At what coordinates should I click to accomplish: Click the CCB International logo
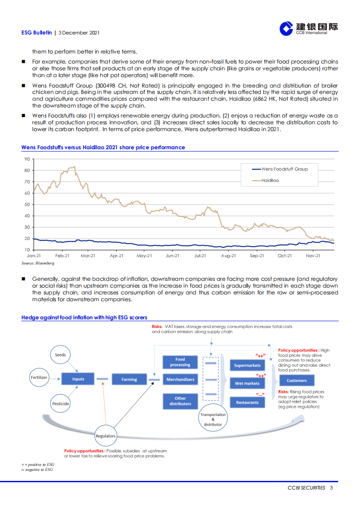[308, 29]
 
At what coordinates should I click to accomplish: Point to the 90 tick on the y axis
[27, 159]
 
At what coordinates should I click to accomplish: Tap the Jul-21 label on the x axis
[200, 256]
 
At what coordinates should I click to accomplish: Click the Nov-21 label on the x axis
[312, 256]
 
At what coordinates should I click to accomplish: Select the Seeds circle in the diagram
[60, 355]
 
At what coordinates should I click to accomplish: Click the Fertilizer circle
[39, 377]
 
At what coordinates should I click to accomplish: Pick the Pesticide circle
[60, 403]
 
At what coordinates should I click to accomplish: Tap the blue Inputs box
[78, 379]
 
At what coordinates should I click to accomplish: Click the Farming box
[129, 379]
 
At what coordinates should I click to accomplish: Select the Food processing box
[180, 362]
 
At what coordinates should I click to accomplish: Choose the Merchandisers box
[180, 379]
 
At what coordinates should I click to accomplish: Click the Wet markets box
[247, 383]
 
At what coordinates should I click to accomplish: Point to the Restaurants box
[247, 402]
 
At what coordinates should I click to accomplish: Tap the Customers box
[296, 380]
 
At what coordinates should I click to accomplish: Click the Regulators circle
[105, 436]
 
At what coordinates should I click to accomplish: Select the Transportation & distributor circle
[213, 420]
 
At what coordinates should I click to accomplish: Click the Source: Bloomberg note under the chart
[38, 263]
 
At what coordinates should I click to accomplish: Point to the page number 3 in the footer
[331, 488]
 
